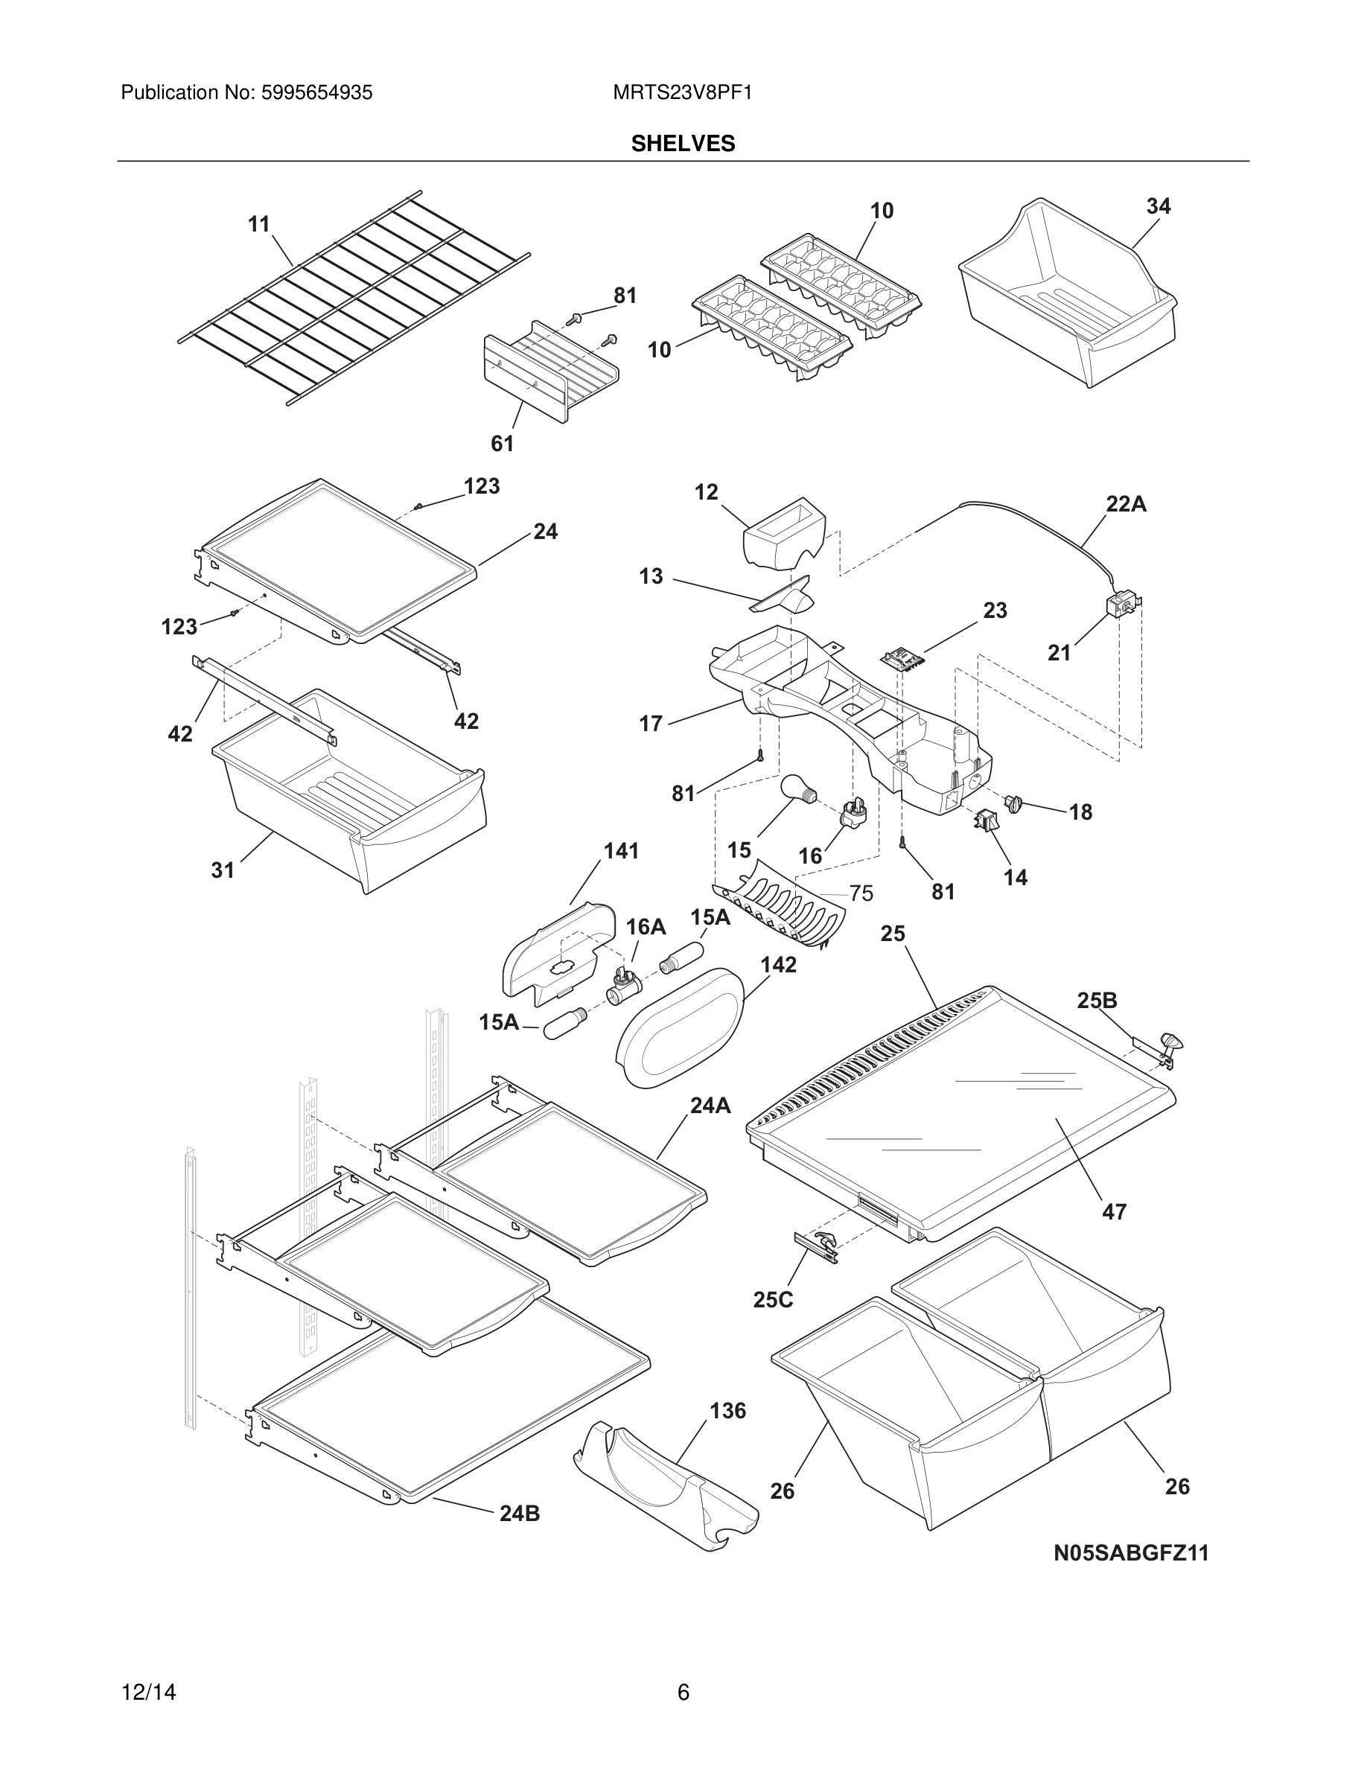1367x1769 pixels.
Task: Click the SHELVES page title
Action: pos(683,144)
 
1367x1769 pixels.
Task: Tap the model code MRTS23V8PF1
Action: pos(682,93)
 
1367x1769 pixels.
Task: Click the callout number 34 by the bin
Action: pos(1158,206)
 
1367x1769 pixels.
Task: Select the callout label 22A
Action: pos(1126,504)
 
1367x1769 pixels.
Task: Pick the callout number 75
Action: pos(861,893)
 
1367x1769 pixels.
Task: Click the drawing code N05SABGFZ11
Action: pos(1130,1553)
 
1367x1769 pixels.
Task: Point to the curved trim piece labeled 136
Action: pos(664,1486)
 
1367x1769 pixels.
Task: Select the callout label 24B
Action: pos(519,1513)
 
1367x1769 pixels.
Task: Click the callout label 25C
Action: pos(773,1300)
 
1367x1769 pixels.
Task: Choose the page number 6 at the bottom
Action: pos(683,1692)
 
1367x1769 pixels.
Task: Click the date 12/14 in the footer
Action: pos(148,1692)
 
